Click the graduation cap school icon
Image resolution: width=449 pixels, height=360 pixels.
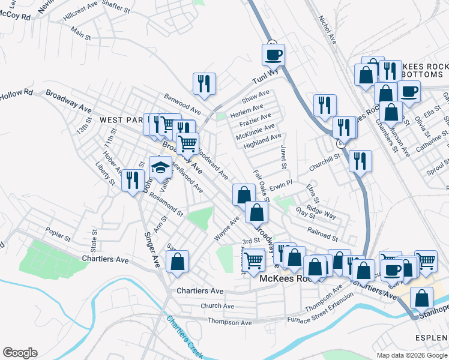point(161,167)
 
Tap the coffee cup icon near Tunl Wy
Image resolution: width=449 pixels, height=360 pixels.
point(273,55)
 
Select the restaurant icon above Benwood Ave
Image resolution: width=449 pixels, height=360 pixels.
point(204,83)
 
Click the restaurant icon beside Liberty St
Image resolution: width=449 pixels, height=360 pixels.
point(133,180)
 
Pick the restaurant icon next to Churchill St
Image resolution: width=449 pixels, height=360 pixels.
point(360,161)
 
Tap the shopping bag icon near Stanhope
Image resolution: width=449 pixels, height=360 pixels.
point(422,298)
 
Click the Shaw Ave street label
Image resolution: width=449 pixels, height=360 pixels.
point(256,96)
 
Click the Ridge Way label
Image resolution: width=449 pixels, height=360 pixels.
point(322,212)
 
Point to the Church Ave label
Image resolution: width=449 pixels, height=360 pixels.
point(217,306)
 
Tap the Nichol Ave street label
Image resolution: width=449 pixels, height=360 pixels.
point(327,30)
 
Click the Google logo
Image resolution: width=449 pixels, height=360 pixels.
point(20,353)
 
